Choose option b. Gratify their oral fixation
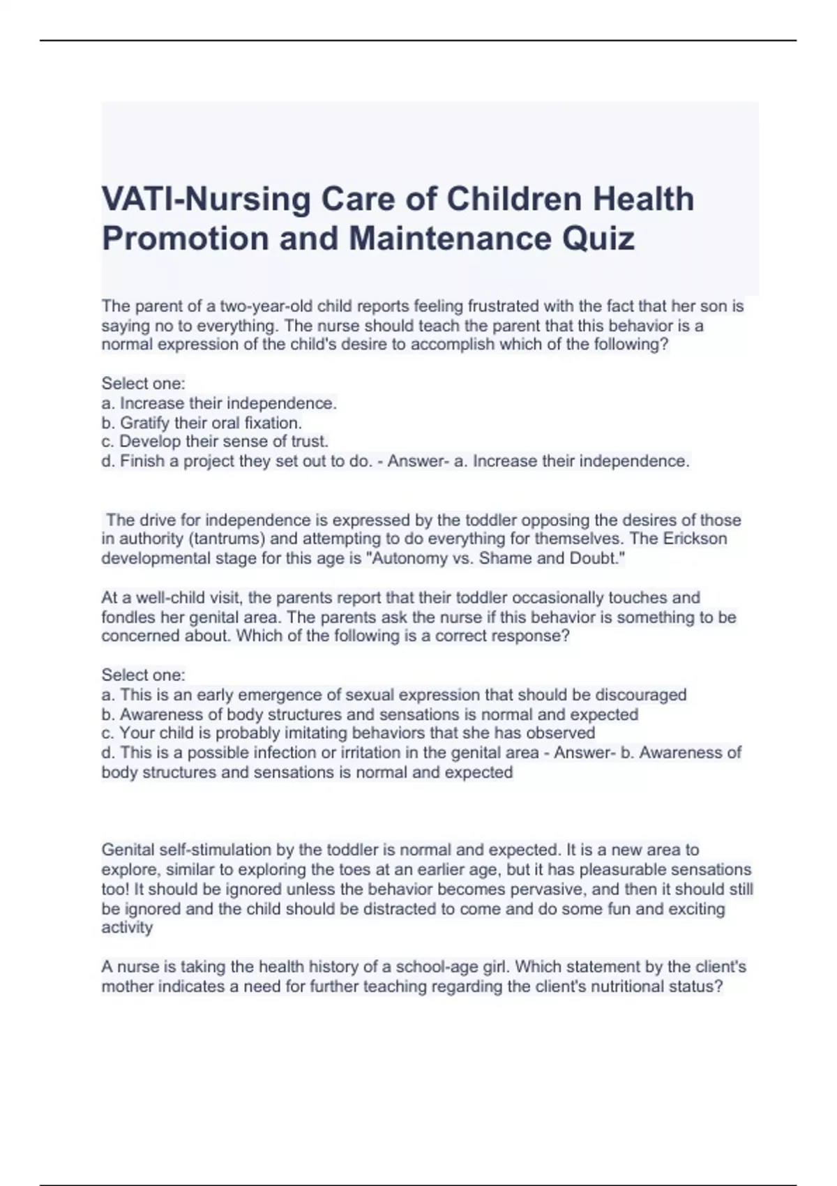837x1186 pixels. pos(202,423)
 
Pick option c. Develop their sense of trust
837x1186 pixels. pos(215,442)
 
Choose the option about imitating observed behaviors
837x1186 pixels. pos(349,733)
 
